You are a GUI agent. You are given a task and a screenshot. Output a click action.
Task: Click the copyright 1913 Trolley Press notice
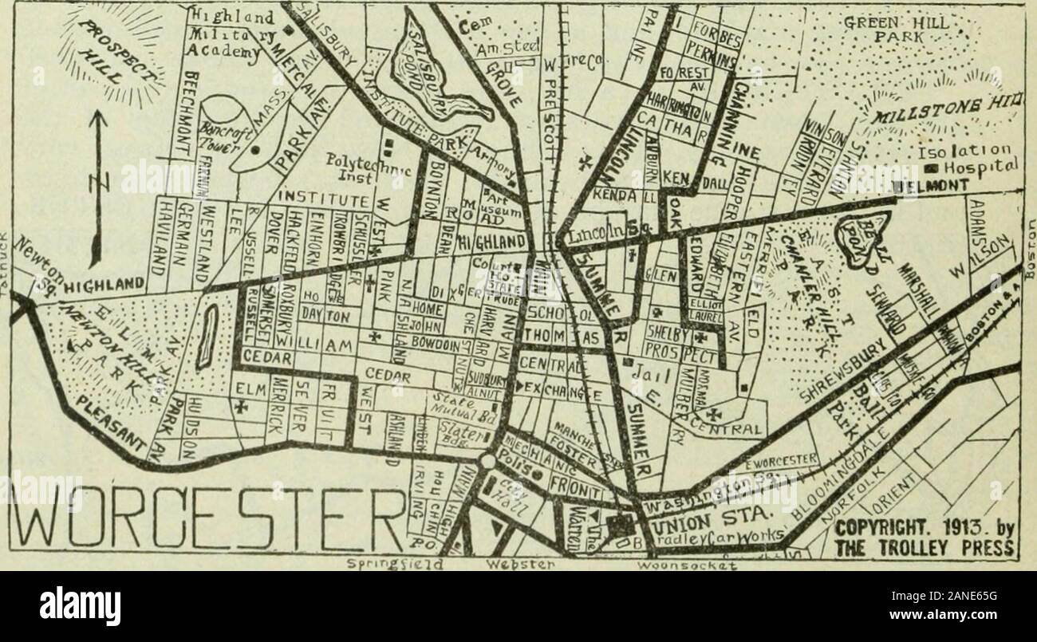click(x=925, y=540)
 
